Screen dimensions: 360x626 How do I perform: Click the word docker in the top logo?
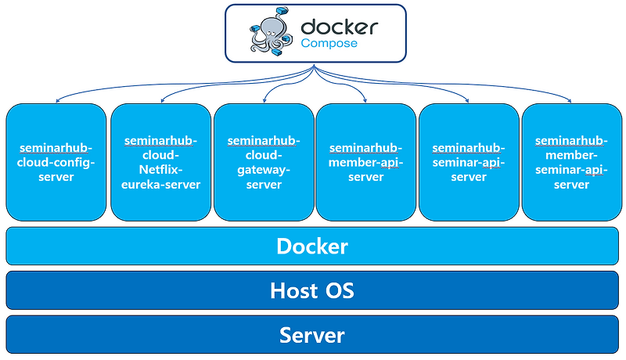click(x=339, y=26)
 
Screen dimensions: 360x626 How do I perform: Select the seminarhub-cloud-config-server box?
click(x=56, y=162)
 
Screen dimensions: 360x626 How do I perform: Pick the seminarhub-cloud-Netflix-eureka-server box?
click(x=160, y=162)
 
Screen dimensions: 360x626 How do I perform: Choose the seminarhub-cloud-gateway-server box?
click(x=264, y=162)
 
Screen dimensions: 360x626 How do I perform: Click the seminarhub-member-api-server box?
click(x=365, y=162)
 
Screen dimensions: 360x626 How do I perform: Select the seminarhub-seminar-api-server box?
click(x=469, y=162)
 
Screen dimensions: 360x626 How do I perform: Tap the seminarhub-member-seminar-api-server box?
click(x=571, y=162)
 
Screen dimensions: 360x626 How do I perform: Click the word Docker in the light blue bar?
click(x=312, y=247)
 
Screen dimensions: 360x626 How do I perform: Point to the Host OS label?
click(x=312, y=291)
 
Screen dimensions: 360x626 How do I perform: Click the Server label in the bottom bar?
click(x=312, y=335)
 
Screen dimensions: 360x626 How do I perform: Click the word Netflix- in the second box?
click(x=160, y=170)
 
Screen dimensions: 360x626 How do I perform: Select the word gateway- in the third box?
click(x=264, y=170)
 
